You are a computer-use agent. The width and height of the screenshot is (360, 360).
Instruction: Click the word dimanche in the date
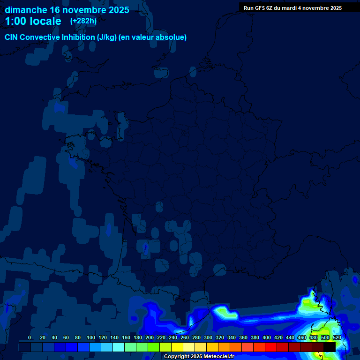pos(26,9)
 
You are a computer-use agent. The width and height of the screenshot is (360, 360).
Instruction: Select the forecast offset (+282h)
pos(83,21)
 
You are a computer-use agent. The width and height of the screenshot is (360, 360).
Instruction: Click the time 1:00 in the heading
pos(16,21)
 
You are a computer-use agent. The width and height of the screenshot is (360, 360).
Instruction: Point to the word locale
pos(46,21)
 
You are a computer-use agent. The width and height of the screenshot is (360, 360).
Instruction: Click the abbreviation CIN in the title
pos(12,37)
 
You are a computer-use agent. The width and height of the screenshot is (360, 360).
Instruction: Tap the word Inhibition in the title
pos(77,37)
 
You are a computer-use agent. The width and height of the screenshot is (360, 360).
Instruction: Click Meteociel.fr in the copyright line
pos(218,357)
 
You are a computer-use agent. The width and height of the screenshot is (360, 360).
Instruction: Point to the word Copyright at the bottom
pos(177,357)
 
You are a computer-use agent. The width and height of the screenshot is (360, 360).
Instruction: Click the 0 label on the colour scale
pos(30,338)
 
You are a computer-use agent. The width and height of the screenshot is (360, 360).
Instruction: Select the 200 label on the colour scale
pos(149,338)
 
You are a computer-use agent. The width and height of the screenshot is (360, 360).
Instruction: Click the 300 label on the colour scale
pos(208,338)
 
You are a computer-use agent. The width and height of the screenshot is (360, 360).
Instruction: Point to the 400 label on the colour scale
pos(266,338)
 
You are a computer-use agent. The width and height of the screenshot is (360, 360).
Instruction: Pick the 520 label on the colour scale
pos(337,338)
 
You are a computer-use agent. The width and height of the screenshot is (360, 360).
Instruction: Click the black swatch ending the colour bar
pos(330,347)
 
